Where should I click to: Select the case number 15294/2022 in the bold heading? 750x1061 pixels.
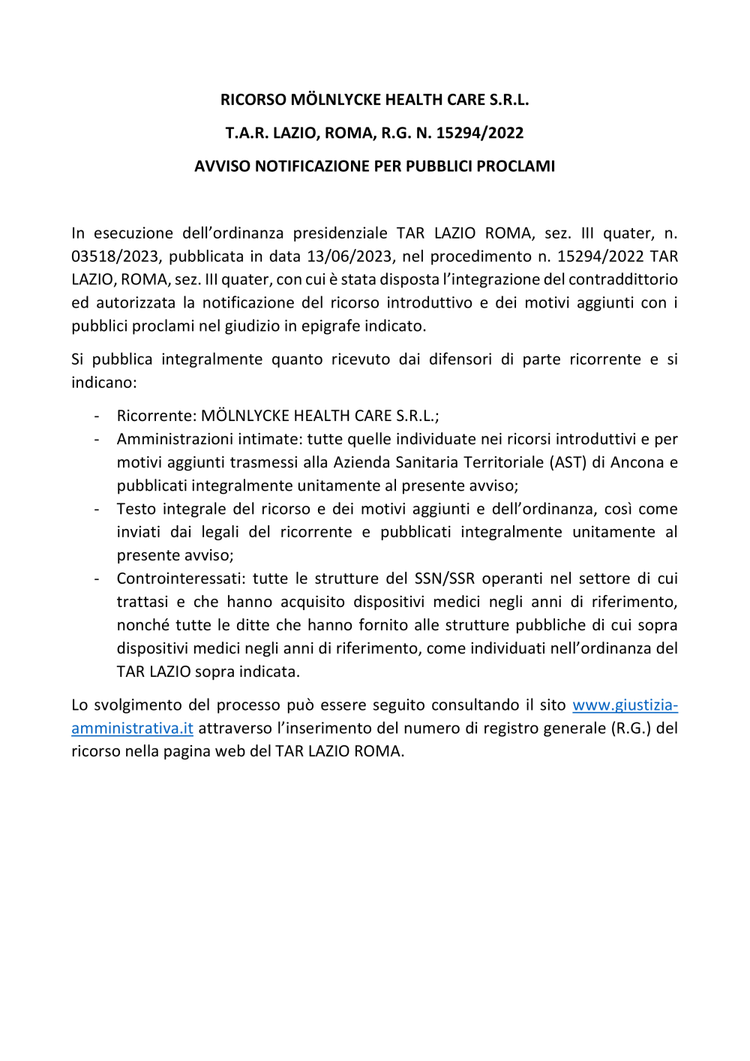click(x=480, y=134)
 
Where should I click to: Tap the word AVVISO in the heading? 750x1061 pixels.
click(x=222, y=167)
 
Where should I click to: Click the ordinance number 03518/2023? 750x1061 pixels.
click(x=115, y=257)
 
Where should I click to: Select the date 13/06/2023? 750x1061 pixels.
click(x=349, y=257)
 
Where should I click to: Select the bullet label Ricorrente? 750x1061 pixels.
click(x=157, y=416)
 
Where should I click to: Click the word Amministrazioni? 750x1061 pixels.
click(x=172, y=440)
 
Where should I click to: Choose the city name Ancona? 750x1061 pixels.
click(x=637, y=463)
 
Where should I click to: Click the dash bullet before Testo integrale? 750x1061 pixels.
click(x=97, y=509)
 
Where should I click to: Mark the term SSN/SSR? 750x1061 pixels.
click(x=445, y=579)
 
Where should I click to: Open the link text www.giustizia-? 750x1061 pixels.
click(x=625, y=705)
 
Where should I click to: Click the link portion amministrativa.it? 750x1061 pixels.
click(x=132, y=729)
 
